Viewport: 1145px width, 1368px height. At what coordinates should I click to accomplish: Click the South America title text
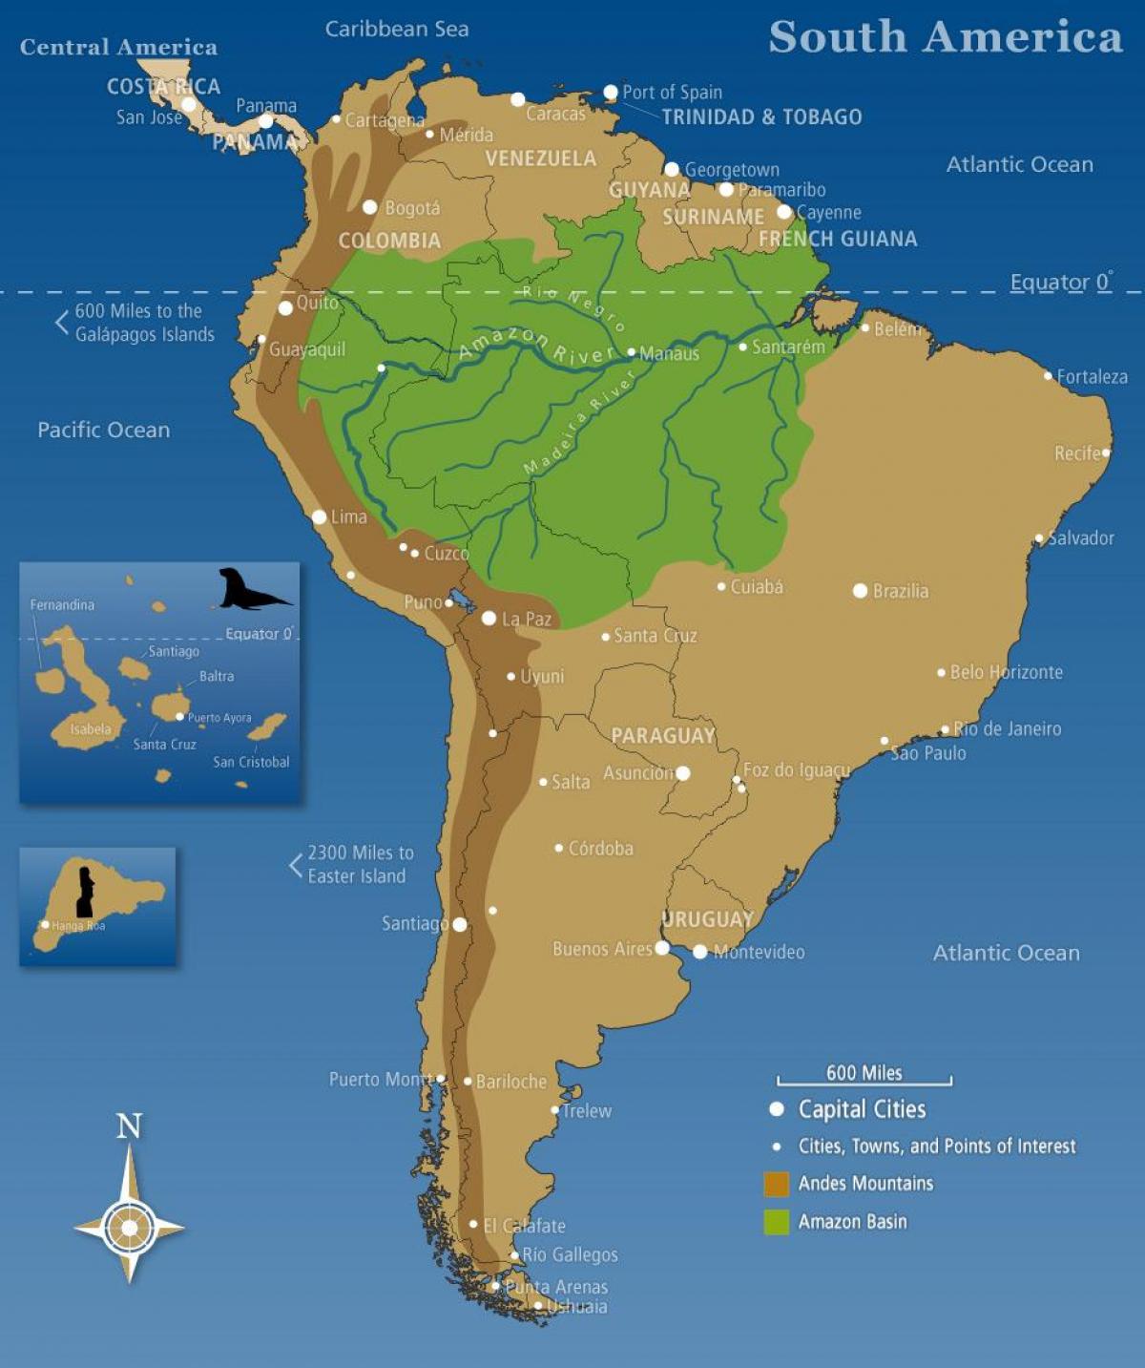coord(945,37)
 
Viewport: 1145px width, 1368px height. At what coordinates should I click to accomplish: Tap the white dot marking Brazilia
coord(860,591)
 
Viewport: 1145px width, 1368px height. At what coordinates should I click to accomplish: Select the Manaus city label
coord(669,353)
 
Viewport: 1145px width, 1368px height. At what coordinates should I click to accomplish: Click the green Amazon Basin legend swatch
coord(777,1222)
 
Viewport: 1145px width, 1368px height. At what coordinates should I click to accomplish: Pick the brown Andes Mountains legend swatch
coord(777,1184)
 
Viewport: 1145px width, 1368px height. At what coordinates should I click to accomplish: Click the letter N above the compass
coord(129,1126)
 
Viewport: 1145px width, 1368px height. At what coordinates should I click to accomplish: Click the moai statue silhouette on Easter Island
coord(86,892)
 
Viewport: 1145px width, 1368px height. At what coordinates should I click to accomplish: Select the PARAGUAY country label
coord(663,735)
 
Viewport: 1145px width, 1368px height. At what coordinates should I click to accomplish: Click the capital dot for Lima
coord(320,516)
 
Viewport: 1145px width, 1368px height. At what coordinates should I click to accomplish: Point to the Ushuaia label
coord(577,1307)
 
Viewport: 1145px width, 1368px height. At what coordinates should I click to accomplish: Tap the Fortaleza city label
coord(1092,377)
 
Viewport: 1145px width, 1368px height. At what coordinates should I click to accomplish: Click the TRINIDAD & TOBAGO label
coord(761,116)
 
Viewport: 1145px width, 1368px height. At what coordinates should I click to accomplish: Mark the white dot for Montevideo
coord(700,952)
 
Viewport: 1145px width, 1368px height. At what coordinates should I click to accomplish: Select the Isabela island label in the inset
coord(91,729)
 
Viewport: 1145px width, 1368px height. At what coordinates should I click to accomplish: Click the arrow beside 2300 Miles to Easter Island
coord(296,865)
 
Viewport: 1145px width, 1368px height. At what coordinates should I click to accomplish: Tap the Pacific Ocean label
coord(104,430)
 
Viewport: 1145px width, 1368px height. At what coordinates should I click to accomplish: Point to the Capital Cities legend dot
coord(777,1108)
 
